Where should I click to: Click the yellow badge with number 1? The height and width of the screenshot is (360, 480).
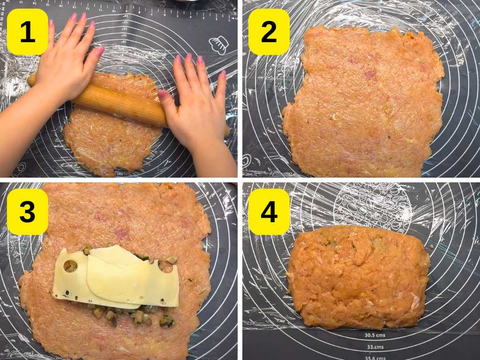(27, 32)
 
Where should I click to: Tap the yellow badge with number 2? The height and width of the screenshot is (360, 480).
(269, 32)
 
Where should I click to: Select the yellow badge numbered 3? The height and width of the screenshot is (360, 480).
(27, 212)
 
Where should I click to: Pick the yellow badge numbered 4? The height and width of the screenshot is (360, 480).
(269, 212)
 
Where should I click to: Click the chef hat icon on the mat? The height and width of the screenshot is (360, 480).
(218, 45)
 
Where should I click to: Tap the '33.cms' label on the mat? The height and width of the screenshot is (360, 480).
(375, 347)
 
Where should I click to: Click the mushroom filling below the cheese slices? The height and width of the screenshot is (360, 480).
(127, 314)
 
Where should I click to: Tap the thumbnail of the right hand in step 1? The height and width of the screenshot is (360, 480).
(162, 93)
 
